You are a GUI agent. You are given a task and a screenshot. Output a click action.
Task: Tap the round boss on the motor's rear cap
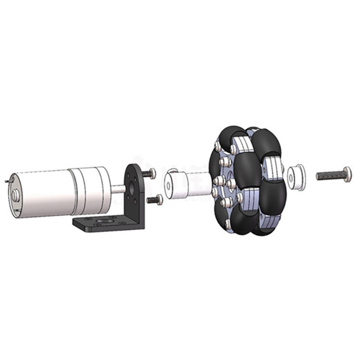pos(15,195)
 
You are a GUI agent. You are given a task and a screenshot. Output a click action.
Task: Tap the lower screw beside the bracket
pos(155,199)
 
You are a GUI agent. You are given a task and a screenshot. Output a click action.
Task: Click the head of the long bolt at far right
pos(347,174)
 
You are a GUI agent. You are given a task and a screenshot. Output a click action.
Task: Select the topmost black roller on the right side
pos(267,143)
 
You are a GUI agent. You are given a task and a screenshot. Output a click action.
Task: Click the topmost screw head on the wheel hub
pos(217,146)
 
